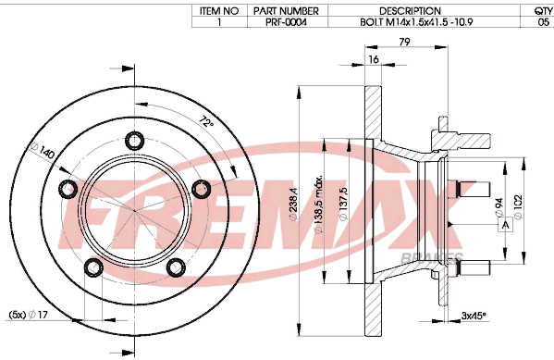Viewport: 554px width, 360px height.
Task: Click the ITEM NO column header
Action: click(219, 11)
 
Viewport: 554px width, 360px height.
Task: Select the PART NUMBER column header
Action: click(286, 11)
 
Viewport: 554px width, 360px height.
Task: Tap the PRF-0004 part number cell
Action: click(286, 22)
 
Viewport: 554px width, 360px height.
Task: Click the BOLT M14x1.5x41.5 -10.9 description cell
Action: click(416, 22)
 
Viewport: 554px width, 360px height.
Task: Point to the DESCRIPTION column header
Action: click(410, 11)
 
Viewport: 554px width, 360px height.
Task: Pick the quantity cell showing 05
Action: click(543, 22)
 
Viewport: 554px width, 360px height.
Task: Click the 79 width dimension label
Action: click(404, 42)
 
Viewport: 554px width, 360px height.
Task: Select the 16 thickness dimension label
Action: click(374, 59)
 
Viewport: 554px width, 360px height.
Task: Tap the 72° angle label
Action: click(206, 122)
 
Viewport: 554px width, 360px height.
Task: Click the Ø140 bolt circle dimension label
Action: click(43, 151)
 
